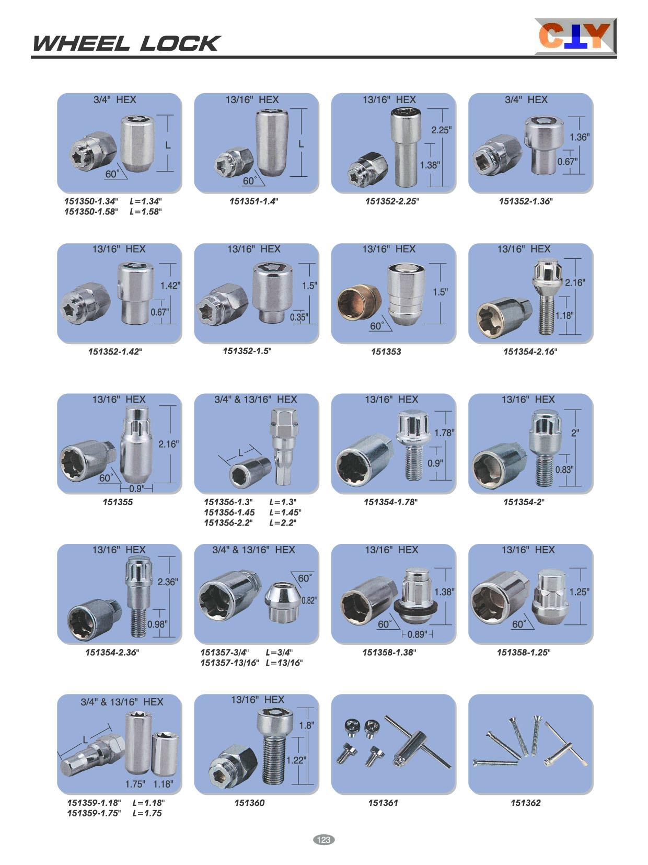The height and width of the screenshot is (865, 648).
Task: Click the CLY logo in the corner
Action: [x=575, y=36]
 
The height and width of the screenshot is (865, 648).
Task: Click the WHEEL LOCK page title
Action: [x=126, y=43]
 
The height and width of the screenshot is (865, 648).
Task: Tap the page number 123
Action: [x=323, y=839]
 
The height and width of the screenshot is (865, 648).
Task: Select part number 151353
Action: [x=386, y=351]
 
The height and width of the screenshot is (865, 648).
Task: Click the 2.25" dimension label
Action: [x=441, y=130]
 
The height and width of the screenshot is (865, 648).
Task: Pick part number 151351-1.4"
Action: [x=253, y=201]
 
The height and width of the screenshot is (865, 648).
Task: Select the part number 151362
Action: [x=526, y=803]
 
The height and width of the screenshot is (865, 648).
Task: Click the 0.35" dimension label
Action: [x=299, y=317]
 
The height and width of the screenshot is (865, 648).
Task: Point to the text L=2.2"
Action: [x=283, y=522]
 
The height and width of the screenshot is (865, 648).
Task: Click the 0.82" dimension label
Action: [x=309, y=600]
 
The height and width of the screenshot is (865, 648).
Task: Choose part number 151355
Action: [x=118, y=502]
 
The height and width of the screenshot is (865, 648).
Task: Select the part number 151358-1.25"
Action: [x=524, y=652]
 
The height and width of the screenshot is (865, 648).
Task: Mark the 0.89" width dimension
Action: [x=418, y=634]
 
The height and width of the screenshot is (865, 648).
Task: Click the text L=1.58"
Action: [x=146, y=212]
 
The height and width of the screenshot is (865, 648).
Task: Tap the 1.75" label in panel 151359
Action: [x=135, y=784]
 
